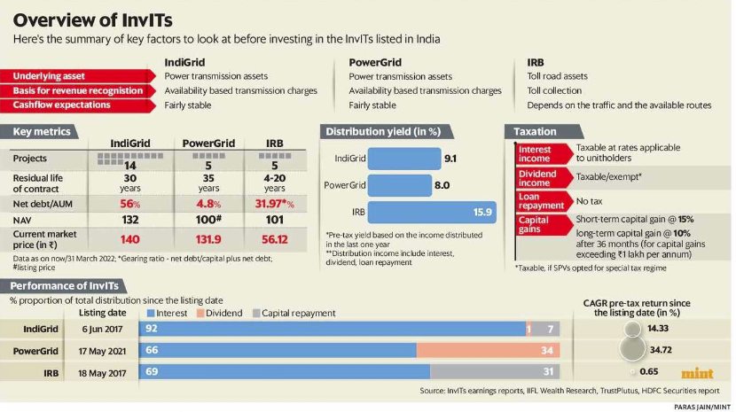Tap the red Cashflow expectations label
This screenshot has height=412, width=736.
(61, 105)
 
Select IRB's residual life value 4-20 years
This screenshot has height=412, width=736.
(274, 182)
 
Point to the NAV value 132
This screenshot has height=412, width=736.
(130, 219)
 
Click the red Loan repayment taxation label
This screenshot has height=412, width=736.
(540, 201)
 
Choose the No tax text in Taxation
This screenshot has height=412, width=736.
(591, 201)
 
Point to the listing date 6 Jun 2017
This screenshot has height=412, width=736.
(103, 330)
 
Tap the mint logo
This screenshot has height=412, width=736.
(698, 373)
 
